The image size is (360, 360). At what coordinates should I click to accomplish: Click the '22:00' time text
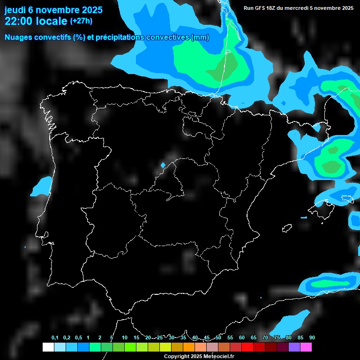pos(19,21)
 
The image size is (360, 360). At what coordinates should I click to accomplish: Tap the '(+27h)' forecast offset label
pos(81,21)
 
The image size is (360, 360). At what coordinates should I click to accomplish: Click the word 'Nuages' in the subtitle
pos(18,37)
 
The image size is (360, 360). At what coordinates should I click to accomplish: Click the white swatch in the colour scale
pos(48,347)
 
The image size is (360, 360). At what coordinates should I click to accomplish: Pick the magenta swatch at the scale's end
pos(306,347)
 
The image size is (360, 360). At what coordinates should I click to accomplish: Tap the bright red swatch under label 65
pos(247,347)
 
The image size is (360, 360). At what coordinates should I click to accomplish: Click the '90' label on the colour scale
pos(312,338)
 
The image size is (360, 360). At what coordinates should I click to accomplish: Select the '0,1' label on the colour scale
pos(55,338)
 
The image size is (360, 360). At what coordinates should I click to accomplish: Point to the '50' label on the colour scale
pos(218,338)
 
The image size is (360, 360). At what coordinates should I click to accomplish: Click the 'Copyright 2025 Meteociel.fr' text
pos(199,356)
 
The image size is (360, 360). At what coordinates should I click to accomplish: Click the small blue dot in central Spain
pos(163,165)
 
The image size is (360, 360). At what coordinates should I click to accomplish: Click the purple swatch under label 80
pos(294,347)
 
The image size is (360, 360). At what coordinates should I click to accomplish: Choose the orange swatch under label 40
pos(189,347)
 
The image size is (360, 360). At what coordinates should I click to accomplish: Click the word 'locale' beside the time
pos(52,21)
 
